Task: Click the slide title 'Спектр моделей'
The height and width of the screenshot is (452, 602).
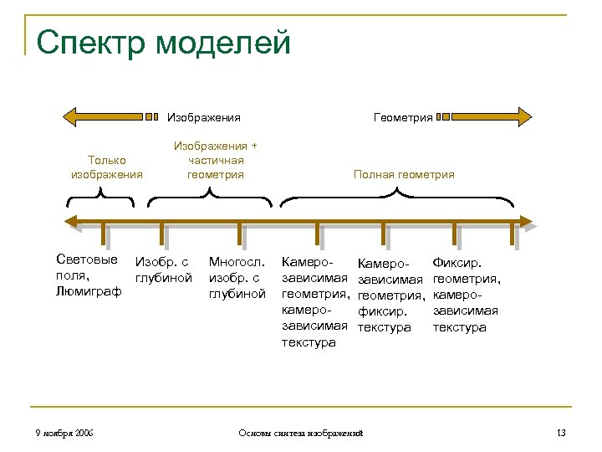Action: (164, 41)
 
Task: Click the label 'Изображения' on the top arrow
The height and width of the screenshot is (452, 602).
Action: (204, 117)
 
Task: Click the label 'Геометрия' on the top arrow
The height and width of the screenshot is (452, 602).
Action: (403, 117)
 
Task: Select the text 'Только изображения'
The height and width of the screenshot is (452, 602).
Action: (107, 167)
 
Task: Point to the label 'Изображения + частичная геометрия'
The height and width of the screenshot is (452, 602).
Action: (216, 160)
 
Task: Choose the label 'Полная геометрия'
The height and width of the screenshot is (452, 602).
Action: (404, 174)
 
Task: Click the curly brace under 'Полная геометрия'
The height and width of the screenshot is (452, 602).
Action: (397, 198)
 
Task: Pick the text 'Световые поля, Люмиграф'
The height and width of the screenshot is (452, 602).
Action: (88, 275)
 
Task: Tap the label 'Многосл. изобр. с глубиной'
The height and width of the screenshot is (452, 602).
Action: (237, 277)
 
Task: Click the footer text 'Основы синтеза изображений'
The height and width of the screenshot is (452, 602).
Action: (300, 432)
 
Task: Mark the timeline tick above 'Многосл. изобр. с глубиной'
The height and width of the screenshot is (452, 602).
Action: (241, 233)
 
